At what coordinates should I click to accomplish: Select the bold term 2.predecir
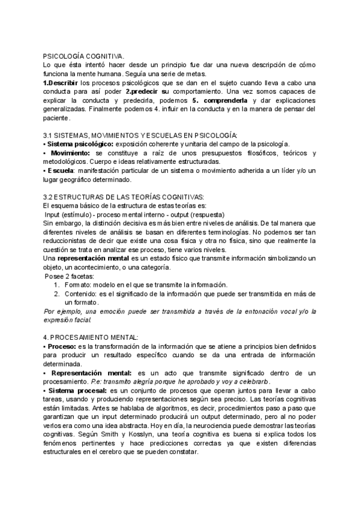coord(143,91)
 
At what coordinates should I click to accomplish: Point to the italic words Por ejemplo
coord(64,312)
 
